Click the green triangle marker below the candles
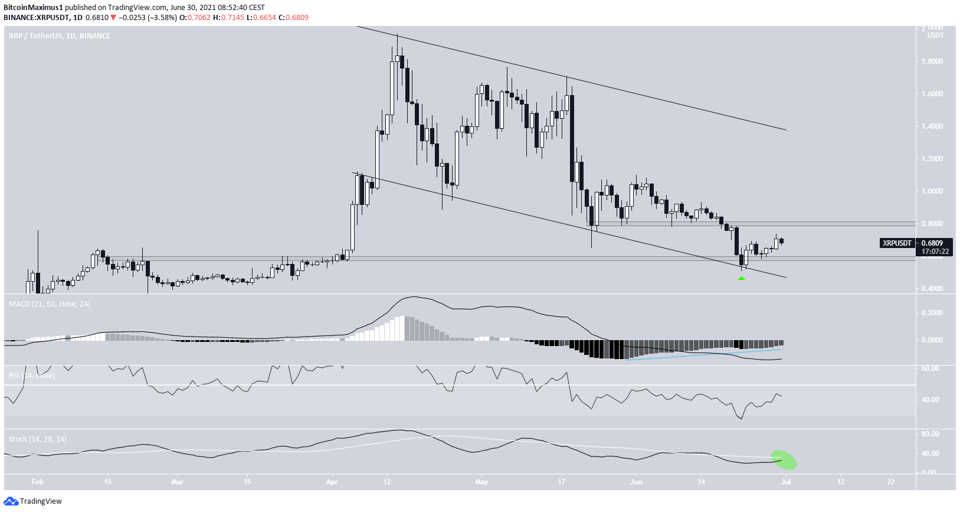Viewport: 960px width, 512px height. pyautogui.click(x=741, y=278)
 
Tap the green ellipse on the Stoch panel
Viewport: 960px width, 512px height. pyautogui.click(x=784, y=459)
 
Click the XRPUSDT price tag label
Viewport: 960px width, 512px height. pyautogui.click(x=896, y=243)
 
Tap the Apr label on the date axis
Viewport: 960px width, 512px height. pyautogui.click(x=332, y=482)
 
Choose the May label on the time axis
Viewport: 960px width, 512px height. pyautogui.click(x=481, y=482)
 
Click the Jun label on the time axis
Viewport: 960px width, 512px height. pyautogui.click(x=636, y=482)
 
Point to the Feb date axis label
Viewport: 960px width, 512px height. pyautogui.click(x=37, y=482)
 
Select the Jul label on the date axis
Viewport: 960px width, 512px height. pyautogui.click(x=786, y=482)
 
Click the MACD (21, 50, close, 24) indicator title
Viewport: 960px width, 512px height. pyautogui.click(x=50, y=304)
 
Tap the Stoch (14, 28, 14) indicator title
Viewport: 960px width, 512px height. pyautogui.click(x=38, y=439)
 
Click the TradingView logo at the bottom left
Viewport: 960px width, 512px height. pyautogui.click(x=33, y=501)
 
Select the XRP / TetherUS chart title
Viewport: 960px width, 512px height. pyautogui.click(x=59, y=36)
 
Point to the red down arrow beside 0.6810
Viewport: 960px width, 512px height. pyautogui.click(x=113, y=18)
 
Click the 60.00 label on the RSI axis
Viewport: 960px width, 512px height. pyautogui.click(x=930, y=368)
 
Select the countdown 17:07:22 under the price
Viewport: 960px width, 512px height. pyautogui.click(x=935, y=252)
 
